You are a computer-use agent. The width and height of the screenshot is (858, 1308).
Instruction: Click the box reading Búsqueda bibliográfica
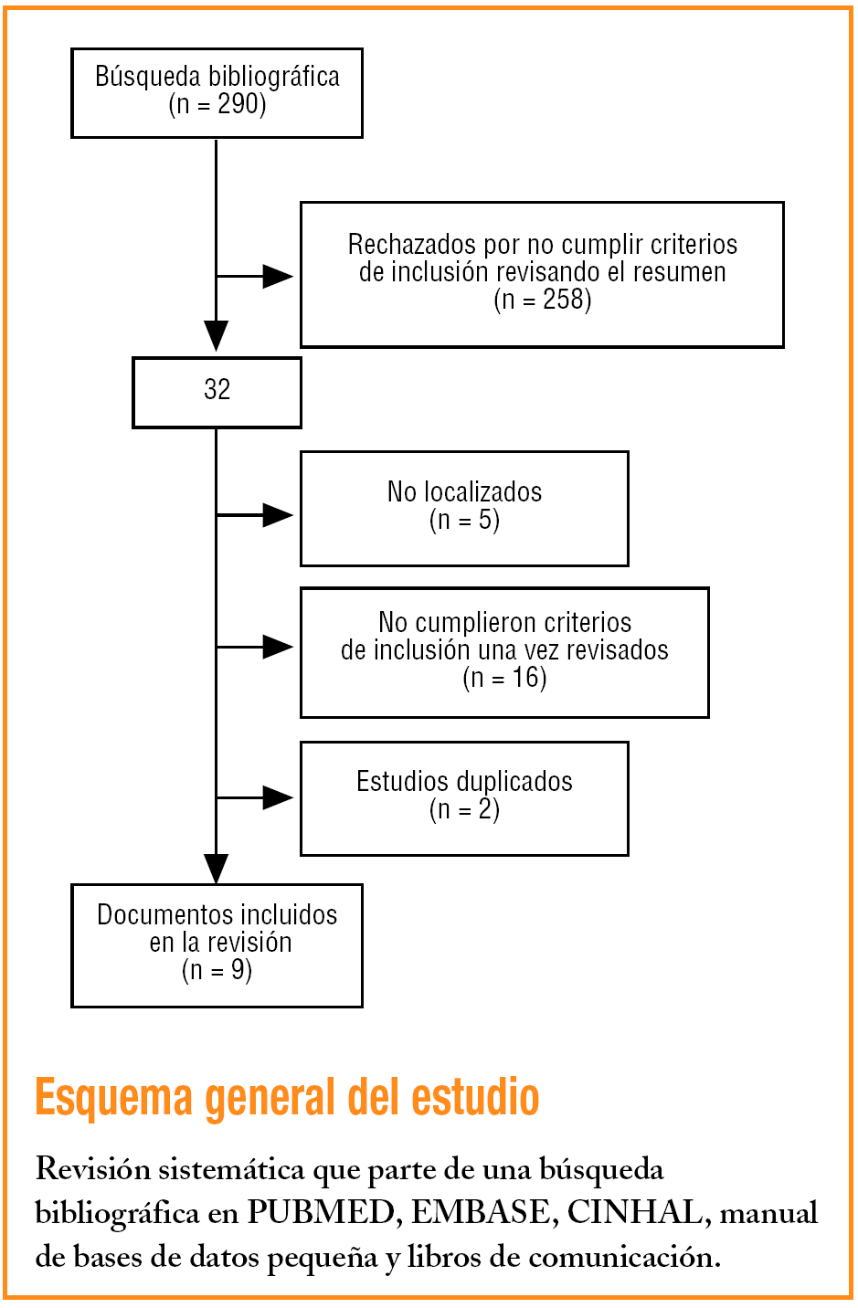coord(217,92)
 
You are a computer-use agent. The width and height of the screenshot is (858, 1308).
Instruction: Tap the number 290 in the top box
coord(241,104)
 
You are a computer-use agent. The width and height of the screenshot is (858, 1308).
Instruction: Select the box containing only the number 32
coord(217,391)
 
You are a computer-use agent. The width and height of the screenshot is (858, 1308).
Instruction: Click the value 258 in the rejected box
coord(567,300)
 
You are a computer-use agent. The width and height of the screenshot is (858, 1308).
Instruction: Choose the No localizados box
coord(464,508)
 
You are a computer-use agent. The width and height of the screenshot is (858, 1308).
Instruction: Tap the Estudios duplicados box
coord(464,797)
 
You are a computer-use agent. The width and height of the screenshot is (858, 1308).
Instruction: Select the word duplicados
coord(517,782)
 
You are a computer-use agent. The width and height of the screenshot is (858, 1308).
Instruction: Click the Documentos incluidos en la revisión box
coord(217,944)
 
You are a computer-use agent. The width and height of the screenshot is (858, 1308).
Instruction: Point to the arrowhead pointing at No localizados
coord(278,515)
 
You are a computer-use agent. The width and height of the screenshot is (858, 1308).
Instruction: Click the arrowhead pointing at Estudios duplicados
coord(278,797)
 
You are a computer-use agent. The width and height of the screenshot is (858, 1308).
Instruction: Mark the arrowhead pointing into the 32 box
coord(217,335)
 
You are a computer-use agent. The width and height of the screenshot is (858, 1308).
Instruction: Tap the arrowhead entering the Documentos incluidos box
coord(217,868)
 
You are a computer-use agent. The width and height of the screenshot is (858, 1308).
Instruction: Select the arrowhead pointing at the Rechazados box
coord(278,276)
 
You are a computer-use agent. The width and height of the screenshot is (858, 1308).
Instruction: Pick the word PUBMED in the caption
coord(320,1213)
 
